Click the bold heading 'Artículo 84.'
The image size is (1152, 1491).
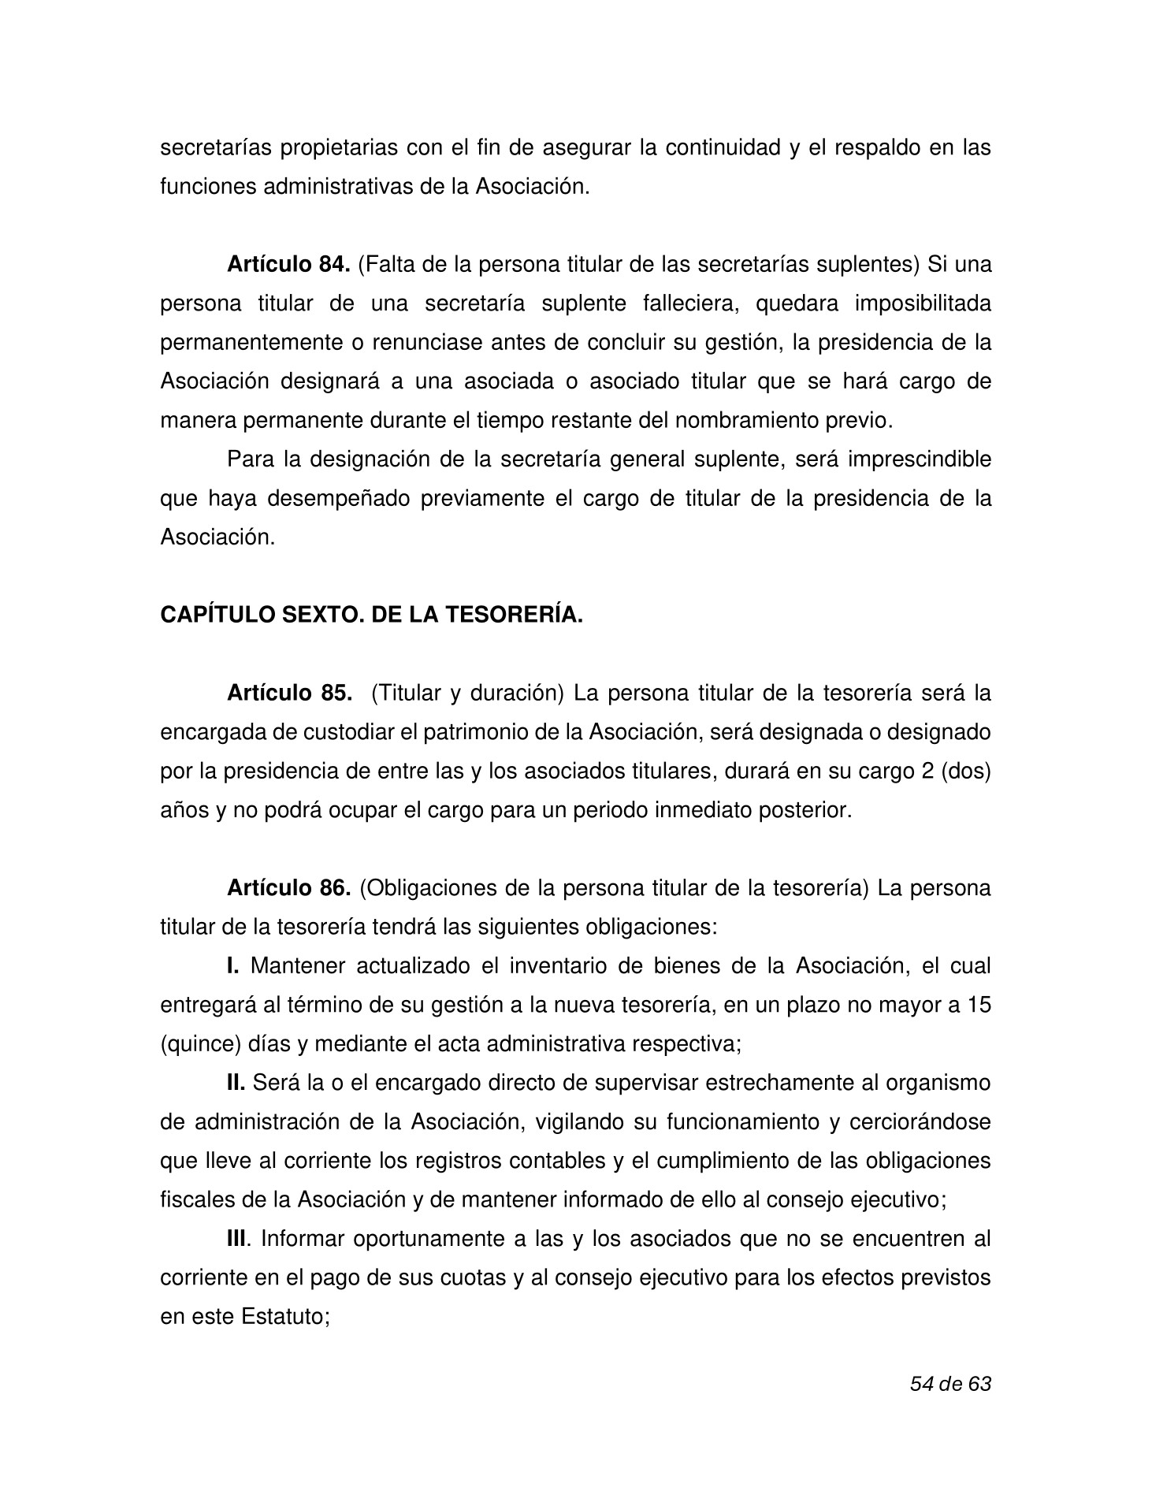(x=288, y=265)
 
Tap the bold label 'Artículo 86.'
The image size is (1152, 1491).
(x=288, y=888)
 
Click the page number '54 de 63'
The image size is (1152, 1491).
(x=949, y=1384)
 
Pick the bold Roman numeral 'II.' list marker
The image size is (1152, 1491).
(x=236, y=1084)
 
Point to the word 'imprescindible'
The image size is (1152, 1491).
(x=919, y=459)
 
